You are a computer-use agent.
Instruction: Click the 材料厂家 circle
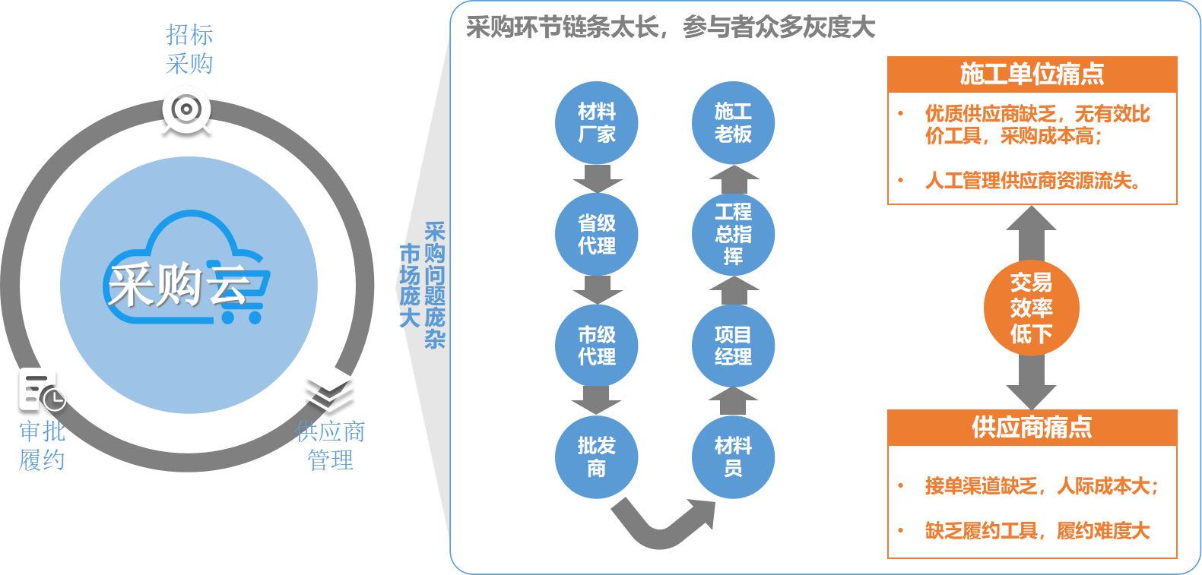coord(597,123)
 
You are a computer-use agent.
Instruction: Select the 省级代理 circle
coord(597,234)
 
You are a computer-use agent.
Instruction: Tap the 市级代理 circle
coord(597,346)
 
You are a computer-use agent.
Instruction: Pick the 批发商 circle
coord(597,457)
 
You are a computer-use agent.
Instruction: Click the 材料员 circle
coord(733,457)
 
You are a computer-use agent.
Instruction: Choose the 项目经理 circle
coord(733,346)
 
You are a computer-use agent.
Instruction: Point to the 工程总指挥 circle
coord(733,234)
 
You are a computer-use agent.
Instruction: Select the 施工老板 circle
coord(733,123)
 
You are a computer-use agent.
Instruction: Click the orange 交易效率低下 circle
coord(1031,308)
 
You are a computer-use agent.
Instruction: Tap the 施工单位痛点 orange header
coord(1032,74)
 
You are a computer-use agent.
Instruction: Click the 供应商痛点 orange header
coord(1032,428)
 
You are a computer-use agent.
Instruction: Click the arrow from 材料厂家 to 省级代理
coord(597,179)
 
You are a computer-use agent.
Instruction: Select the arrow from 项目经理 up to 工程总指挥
coord(733,290)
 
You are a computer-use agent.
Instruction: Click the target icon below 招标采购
coord(186,111)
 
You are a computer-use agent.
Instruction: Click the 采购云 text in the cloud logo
coord(179,286)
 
